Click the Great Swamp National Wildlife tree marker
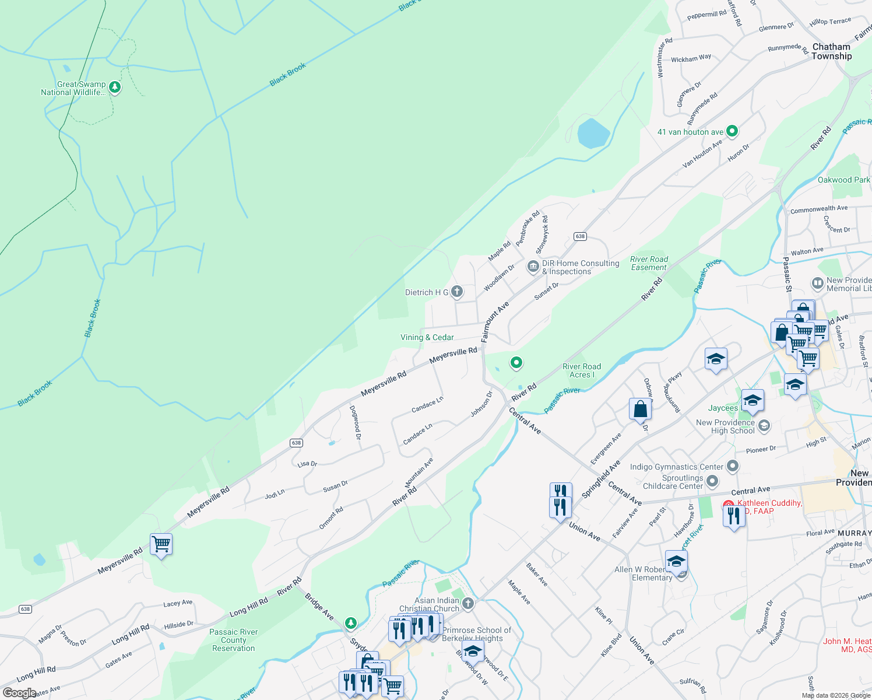[115, 87]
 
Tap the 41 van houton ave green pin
[733, 131]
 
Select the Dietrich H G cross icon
[457, 292]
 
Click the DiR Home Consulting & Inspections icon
[533, 267]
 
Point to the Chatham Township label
[831, 51]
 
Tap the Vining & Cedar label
[427, 337]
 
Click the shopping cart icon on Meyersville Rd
[161, 544]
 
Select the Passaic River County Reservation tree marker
[350, 624]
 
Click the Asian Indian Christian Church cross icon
[467, 604]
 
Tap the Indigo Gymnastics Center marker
[733, 466]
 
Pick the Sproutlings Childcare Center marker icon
[712, 481]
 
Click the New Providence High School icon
[764, 426]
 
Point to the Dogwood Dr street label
[355, 422]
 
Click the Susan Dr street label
[335, 487]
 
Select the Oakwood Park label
[843, 180]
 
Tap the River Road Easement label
[649, 263]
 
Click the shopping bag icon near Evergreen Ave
[640, 409]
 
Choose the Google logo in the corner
[19, 692]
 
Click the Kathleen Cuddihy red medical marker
[728, 505]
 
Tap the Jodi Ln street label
[275, 494]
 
